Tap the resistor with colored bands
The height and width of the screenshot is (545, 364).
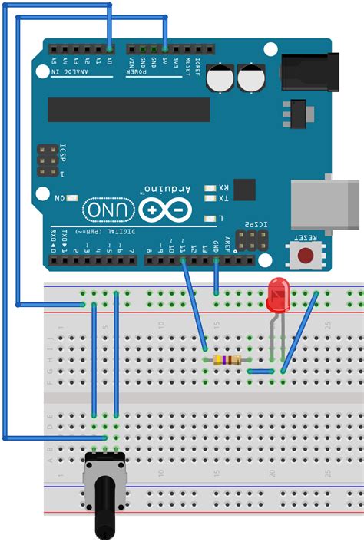227,360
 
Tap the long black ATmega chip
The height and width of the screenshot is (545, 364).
128,109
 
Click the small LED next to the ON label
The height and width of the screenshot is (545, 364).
73,198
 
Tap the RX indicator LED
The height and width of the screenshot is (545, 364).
209,187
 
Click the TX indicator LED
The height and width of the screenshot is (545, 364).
209,198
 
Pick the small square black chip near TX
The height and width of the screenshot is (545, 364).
244,190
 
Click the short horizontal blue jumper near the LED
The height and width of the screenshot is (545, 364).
262,372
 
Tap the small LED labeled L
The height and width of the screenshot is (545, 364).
209,219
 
